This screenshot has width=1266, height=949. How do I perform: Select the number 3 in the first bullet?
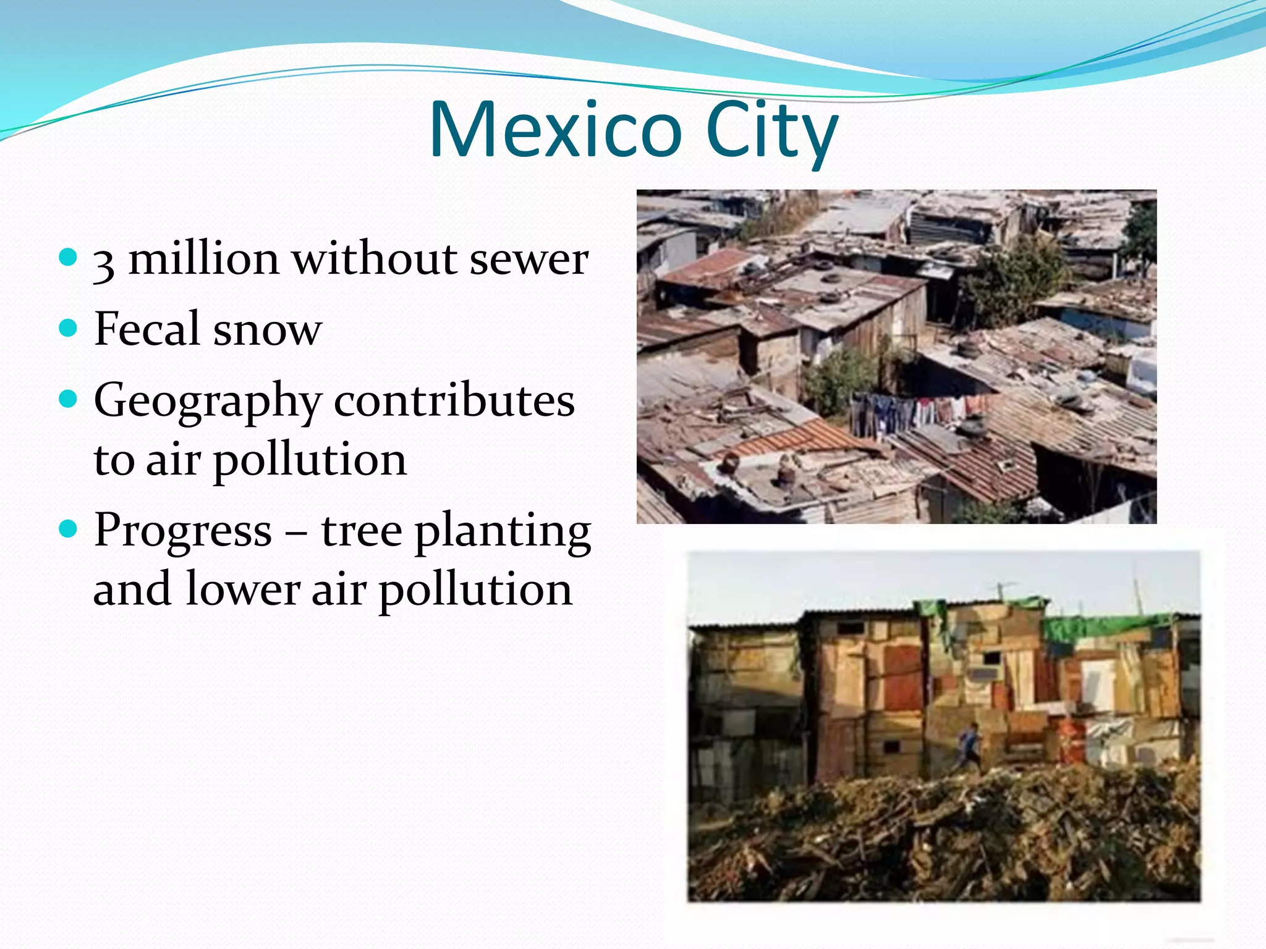(104, 262)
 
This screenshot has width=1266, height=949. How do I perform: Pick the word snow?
(267, 330)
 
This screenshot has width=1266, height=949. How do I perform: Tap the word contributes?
(454, 400)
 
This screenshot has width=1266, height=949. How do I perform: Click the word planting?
(503, 533)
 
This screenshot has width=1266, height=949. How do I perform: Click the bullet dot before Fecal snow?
(69, 327)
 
